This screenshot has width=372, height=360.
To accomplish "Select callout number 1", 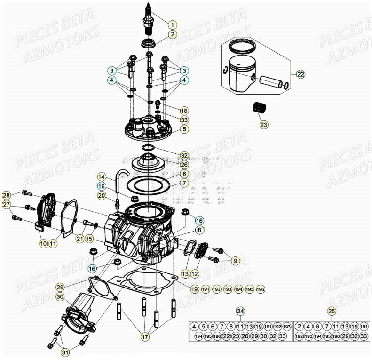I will click(x=172, y=24).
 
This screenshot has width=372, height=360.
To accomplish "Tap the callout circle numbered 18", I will click(x=184, y=111).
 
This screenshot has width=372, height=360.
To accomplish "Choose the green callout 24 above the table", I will click(x=240, y=311).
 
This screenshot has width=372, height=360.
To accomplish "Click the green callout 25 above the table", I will click(x=332, y=311).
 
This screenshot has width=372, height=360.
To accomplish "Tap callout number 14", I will click(x=102, y=176).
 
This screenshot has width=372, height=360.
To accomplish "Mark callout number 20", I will click(x=102, y=195).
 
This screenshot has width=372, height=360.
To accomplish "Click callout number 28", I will click(x=6, y=195).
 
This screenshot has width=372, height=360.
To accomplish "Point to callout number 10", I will click(x=43, y=243).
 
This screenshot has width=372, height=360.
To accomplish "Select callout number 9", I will click(x=236, y=260).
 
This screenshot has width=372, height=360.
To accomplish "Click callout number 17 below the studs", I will click(x=145, y=336).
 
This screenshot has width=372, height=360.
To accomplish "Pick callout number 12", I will click(x=195, y=273).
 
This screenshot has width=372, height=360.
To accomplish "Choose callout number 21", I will click(x=80, y=239).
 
